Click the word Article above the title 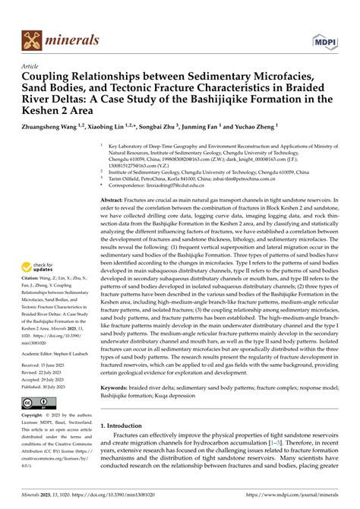coord(32,66)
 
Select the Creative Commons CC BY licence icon coord(40,400)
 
